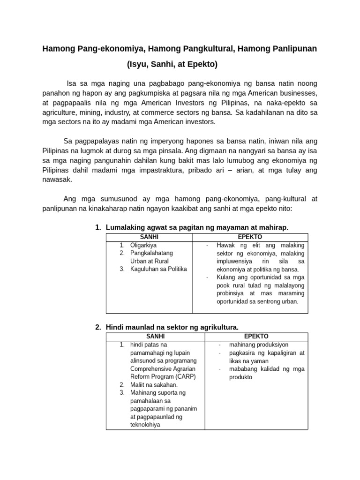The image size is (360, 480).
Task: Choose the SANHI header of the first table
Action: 149,237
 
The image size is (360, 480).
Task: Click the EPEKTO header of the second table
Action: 256,337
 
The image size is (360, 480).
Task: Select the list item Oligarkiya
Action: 143,245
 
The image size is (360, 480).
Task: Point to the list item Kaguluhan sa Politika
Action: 158,269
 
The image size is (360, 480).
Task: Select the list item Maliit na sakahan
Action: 154,385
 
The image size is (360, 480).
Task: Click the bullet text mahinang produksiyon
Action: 258,345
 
